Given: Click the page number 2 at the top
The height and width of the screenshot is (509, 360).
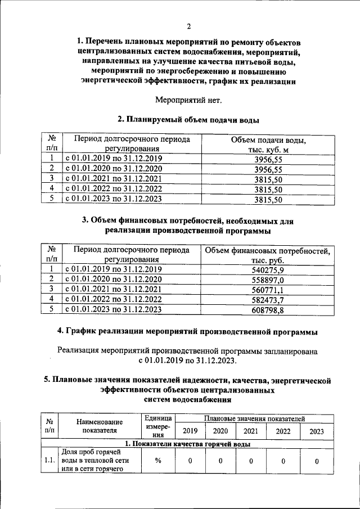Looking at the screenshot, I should (x=189, y=26).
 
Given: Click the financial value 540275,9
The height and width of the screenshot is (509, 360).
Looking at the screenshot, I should (x=268, y=270).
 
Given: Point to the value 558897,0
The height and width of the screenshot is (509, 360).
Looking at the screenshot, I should (x=268, y=280).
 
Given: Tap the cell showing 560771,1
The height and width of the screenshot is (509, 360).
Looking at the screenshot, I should (x=268, y=290).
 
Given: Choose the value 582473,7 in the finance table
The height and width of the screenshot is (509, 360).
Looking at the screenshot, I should (x=268, y=300).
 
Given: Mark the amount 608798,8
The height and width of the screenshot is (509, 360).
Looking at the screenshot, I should (x=268, y=310).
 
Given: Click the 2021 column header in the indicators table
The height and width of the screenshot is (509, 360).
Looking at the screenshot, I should (x=251, y=431).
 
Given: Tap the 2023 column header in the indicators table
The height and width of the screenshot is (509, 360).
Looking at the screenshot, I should (x=317, y=431).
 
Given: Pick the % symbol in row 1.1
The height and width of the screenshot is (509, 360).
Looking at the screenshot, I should (x=158, y=461).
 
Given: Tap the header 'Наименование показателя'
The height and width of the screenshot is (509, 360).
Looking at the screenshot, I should (x=99, y=426).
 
